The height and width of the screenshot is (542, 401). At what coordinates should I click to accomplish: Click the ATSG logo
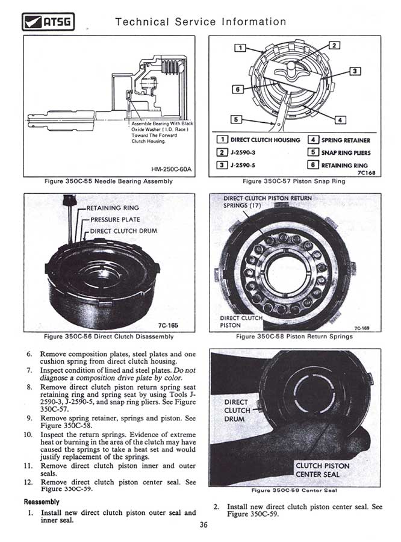coord(48,23)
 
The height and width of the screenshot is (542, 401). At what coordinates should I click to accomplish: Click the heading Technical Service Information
coord(200,22)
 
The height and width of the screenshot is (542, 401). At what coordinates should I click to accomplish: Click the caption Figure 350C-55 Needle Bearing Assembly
coord(109,181)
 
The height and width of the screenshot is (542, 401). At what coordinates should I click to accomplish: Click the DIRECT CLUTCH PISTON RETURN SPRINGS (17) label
coord(267,201)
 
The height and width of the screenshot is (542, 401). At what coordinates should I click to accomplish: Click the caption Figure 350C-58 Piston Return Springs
coord(294,337)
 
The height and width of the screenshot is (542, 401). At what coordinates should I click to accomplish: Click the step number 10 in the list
coord(28,434)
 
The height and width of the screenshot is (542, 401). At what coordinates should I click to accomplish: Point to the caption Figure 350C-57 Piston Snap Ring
coord(294,181)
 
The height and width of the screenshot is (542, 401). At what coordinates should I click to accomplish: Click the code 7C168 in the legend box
coord(366,172)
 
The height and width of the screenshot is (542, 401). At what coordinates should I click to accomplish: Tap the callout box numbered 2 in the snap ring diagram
coord(335,45)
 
